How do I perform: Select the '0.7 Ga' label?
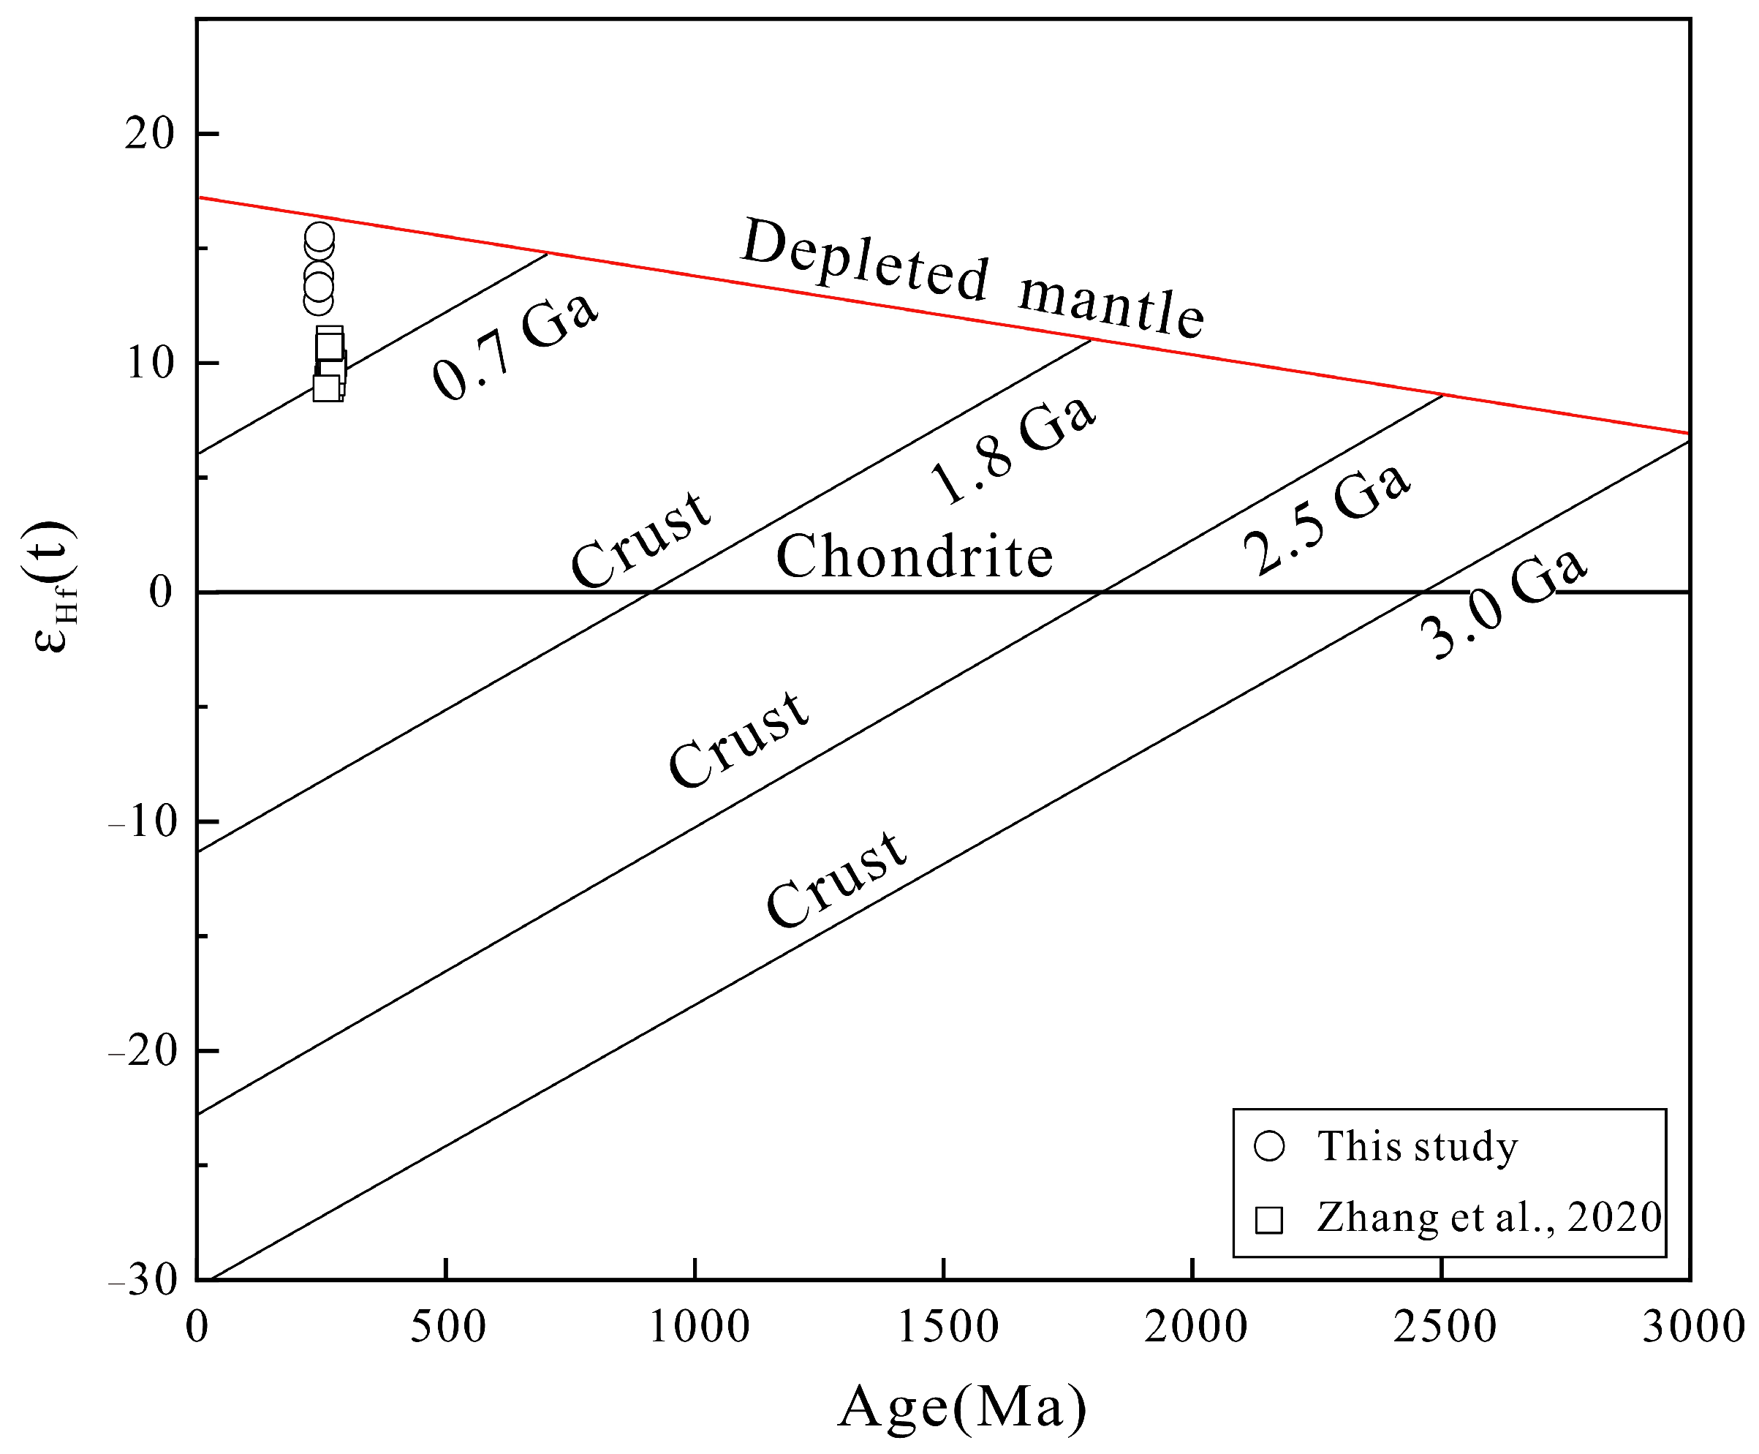tap(515, 346)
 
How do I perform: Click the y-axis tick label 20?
tap(148, 133)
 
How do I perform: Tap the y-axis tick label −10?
tap(143, 821)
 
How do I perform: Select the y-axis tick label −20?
tap(143, 1051)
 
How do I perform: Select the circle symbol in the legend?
tap(1268, 1145)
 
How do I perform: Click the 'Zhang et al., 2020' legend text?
tap(1488, 1217)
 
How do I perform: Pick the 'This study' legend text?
tap(1417, 1145)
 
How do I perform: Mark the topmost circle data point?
tap(319, 237)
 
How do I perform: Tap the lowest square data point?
tap(327, 388)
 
